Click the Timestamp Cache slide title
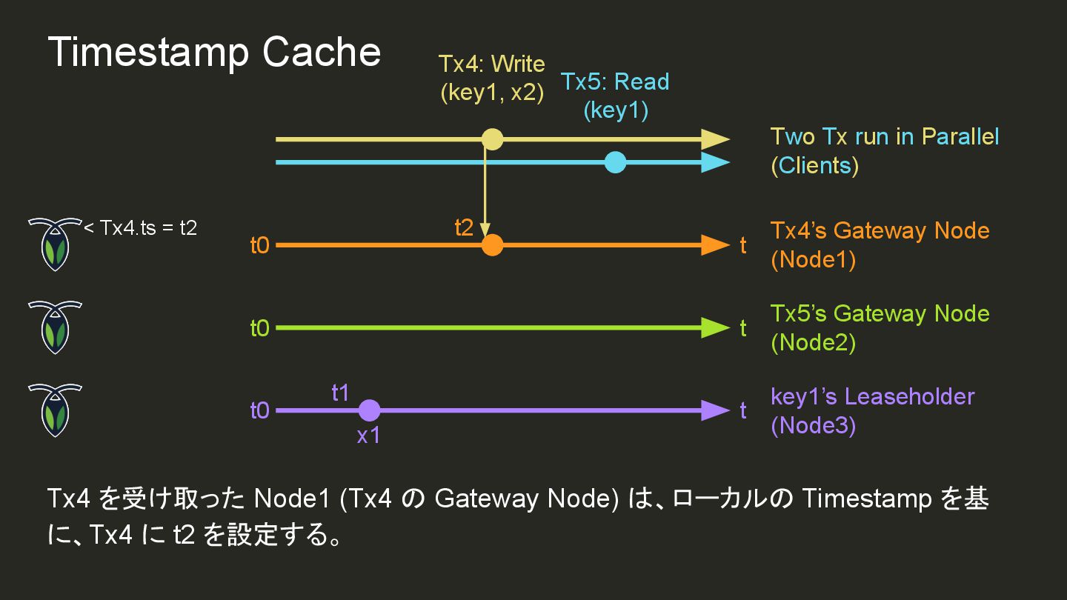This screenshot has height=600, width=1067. click(x=214, y=53)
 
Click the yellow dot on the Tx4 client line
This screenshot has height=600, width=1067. click(x=492, y=139)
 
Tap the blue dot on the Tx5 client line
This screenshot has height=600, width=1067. click(x=615, y=162)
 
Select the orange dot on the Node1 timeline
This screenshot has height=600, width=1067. click(x=492, y=245)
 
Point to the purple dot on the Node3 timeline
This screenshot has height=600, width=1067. click(x=369, y=410)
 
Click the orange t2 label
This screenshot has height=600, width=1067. click(x=464, y=227)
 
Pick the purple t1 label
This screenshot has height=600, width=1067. click(x=340, y=393)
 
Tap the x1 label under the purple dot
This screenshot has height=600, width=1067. click(x=368, y=436)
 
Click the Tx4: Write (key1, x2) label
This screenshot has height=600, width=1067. click(x=491, y=78)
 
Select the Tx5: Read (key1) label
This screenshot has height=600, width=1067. click(x=615, y=96)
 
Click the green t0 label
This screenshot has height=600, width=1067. click(x=260, y=328)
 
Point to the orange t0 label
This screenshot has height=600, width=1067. click(x=260, y=245)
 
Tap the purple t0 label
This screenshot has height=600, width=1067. click(x=260, y=410)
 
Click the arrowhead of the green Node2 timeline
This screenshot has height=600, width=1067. click(x=715, y=327)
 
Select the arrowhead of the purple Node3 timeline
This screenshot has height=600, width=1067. click(x=715, y=410)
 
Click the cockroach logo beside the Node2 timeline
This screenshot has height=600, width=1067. click(x=55, y=327)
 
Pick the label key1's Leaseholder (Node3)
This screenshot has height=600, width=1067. click(x=872, y=410)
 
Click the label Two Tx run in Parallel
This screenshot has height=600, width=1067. click(x=885, y=137)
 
